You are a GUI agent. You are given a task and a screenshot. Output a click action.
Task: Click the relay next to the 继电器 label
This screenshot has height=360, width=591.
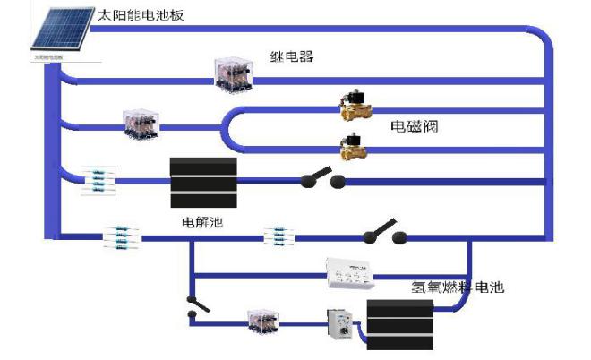(x=236, y=73)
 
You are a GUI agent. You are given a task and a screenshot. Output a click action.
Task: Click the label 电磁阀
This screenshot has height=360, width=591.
(x=415, y=126)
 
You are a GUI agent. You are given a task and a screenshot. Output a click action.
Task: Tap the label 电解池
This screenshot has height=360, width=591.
(x=201, y=220)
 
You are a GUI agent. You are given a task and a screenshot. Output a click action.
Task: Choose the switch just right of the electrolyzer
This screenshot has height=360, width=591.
(x=322, y=179)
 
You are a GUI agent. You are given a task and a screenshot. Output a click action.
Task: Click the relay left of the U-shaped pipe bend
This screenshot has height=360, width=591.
(x=141, y=124)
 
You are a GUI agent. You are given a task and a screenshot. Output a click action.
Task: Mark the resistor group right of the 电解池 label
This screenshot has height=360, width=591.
(x=279, y=237)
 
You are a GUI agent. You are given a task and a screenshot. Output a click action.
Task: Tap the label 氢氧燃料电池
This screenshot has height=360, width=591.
(x=458, y=287)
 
